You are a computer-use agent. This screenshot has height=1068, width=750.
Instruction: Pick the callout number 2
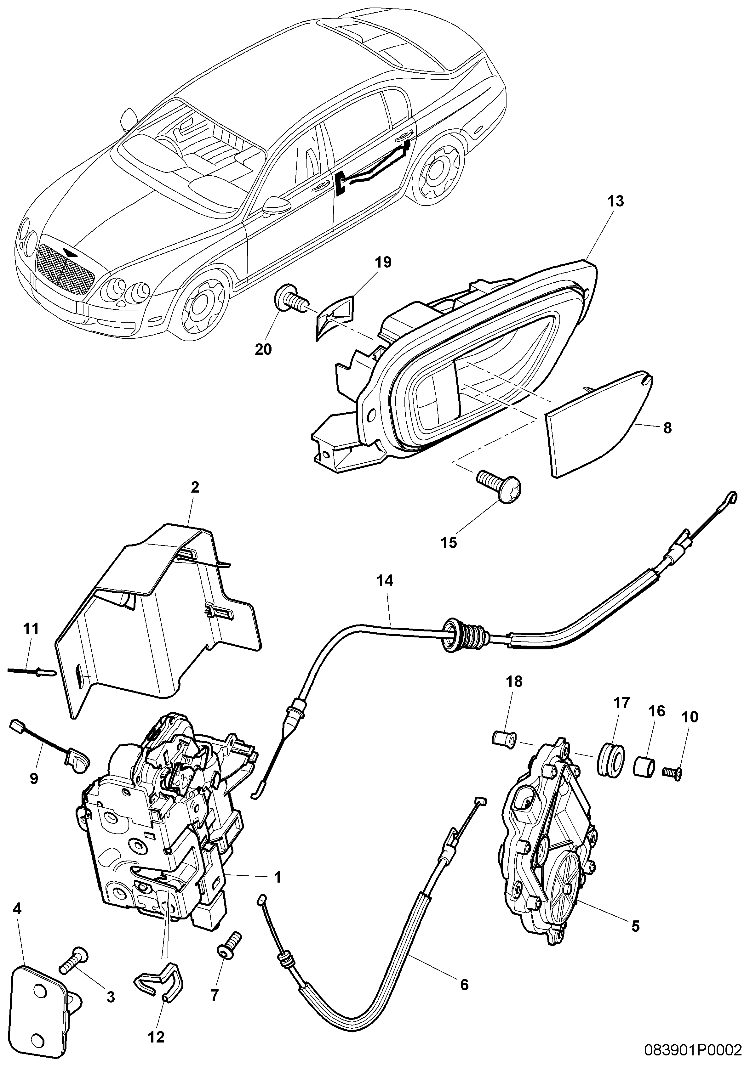click(195, 488)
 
